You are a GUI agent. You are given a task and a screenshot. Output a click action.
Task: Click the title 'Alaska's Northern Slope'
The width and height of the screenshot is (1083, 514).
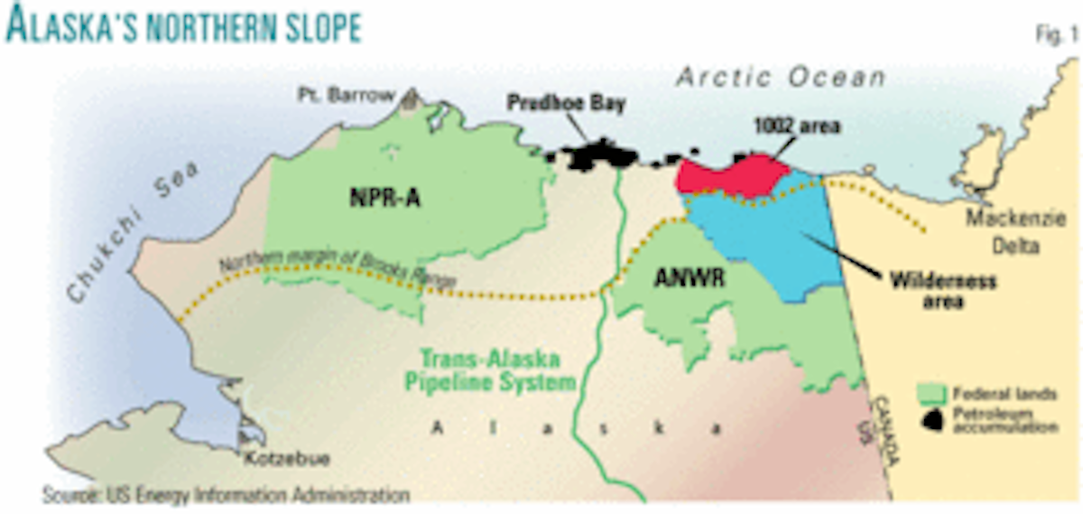(183, 26)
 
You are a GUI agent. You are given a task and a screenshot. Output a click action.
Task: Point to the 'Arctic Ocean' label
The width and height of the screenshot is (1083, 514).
(782, 79)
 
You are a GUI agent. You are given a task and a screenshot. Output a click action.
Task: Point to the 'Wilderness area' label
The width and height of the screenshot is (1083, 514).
(944, 290)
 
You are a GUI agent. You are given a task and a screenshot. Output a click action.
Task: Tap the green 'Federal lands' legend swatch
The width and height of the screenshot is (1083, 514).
(936, 394)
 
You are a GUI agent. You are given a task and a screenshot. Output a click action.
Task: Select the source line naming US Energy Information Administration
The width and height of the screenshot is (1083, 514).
(225, 495)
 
